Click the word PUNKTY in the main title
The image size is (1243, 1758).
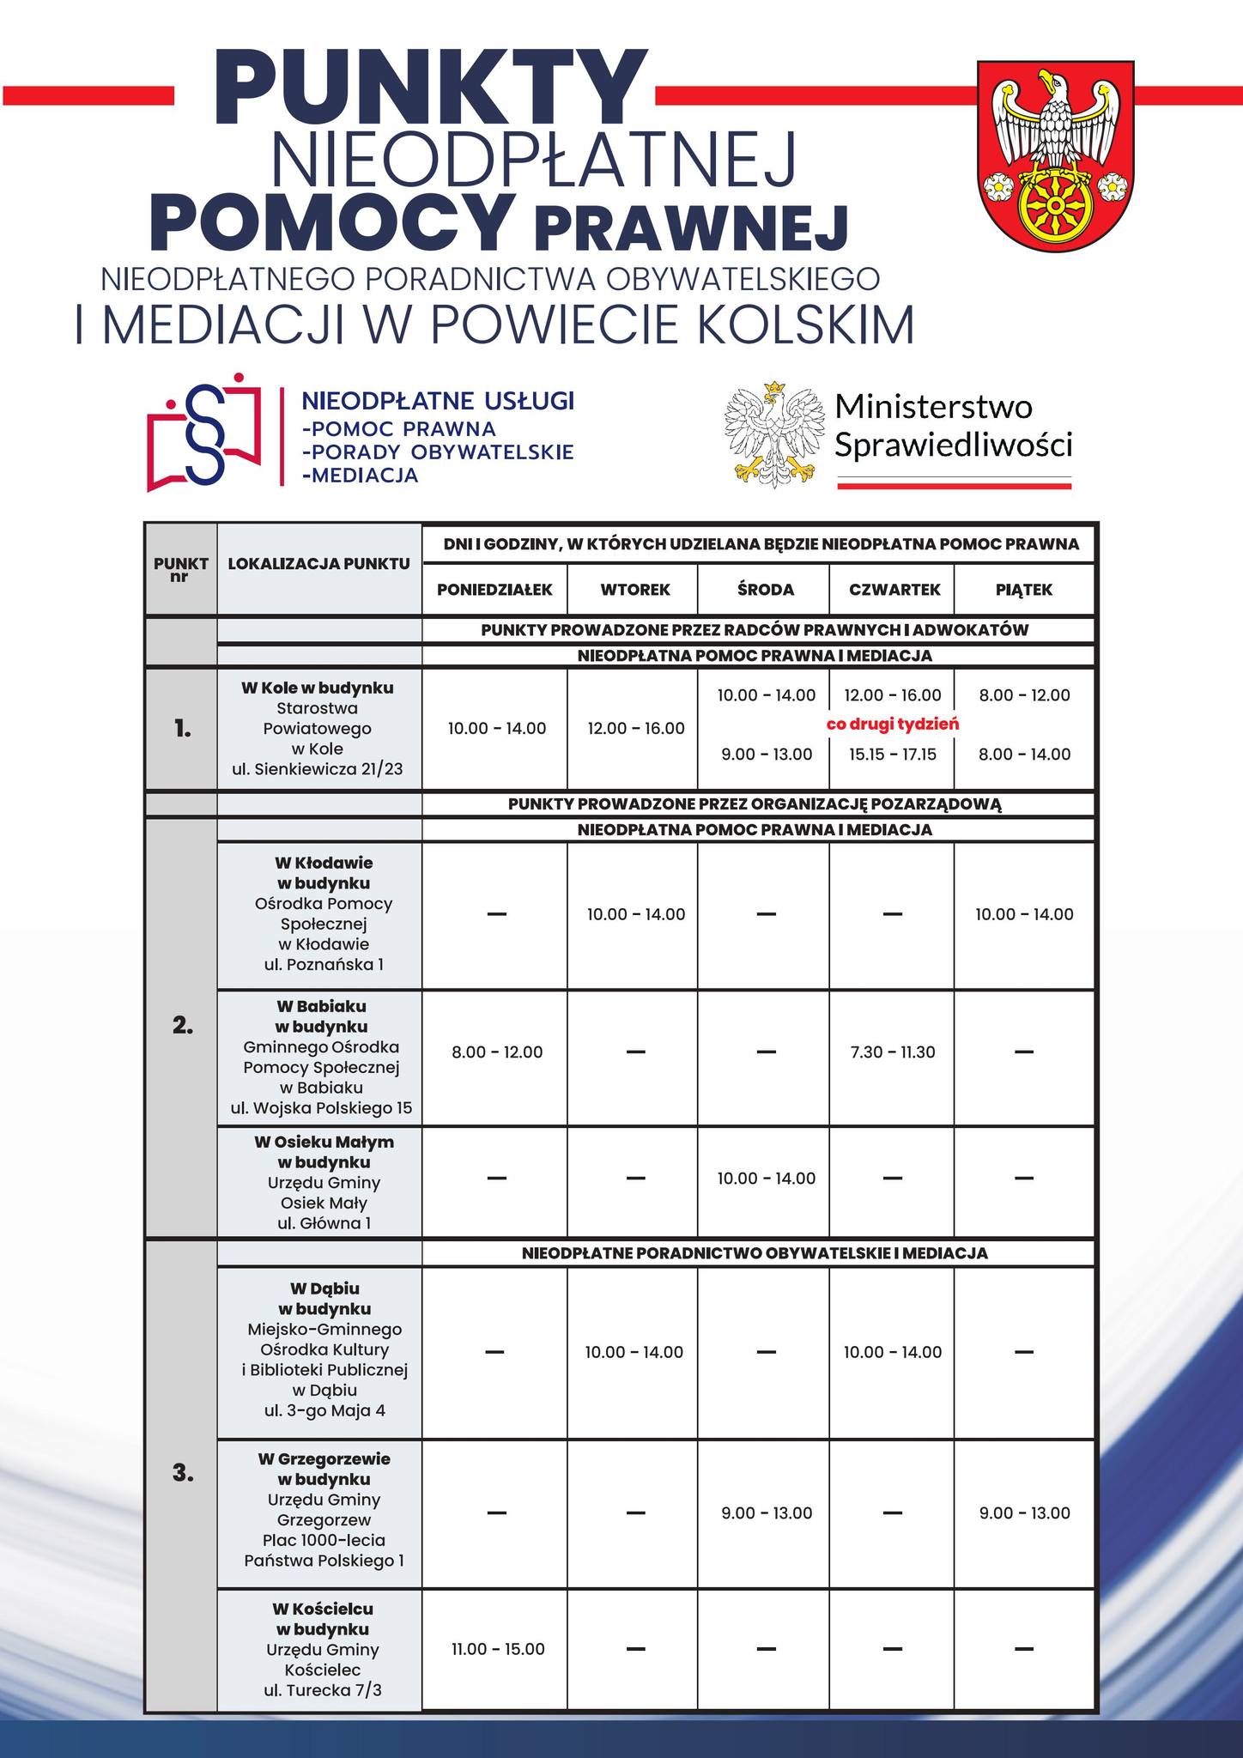pyautogui.click(x=427, y=90)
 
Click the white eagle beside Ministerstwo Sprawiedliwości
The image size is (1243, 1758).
pyautogui.click(x=769, y=435)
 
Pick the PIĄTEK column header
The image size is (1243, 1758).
pyautogui.click(x=1024, y=590)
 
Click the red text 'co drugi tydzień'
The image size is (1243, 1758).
pyautogui.click(x=892, y=724)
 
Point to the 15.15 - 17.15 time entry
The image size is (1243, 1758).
pyautogui.click(x=893, y=755)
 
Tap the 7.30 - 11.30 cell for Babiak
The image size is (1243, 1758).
pyautogui.click(x=893, y=1052)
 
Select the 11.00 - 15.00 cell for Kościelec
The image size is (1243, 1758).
pyautogui.click(x=498, y=1649)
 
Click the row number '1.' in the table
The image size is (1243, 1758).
pyautogui.click(x=181, y=730)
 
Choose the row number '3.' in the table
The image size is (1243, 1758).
pyautogui.click(x=181, y=1473)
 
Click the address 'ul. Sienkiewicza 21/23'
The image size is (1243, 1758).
pyautogui.click(x=317, y=769)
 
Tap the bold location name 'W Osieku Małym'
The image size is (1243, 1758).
pyautogui.click(x=324, y=1142)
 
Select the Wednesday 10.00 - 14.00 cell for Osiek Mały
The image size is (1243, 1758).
pyautogui.click(x=766, y=1179)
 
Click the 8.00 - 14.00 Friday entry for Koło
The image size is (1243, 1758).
pyautogui.click(x=1024, y=755)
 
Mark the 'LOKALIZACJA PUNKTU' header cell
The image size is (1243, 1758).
pyautogui.click(x=319, y=564)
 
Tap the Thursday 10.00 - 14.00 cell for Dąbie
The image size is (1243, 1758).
pyautogui.click(x=892, y=1352)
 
